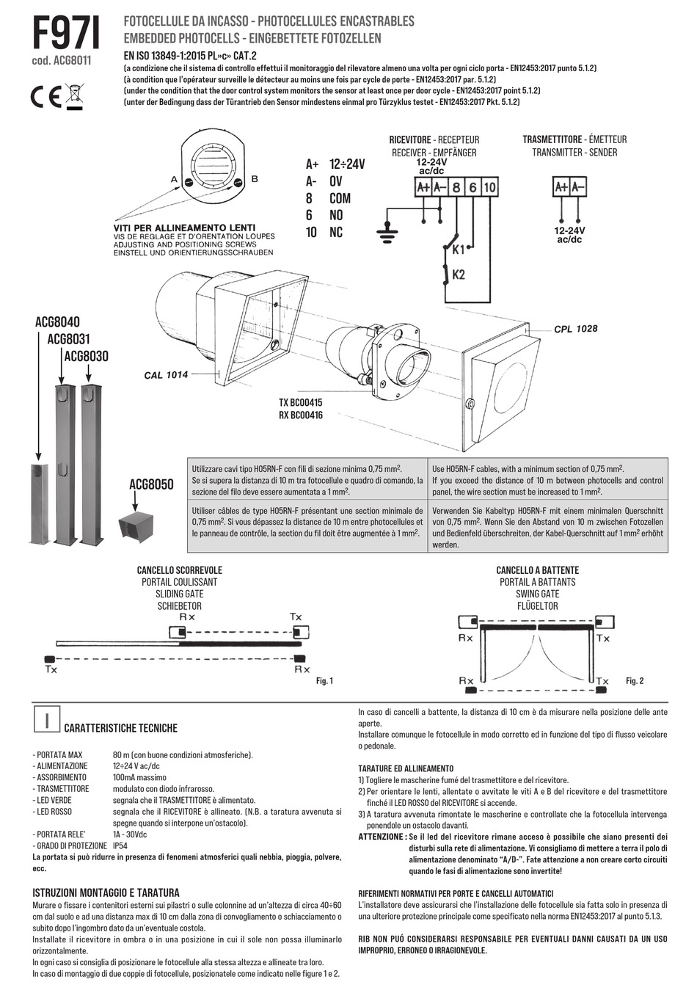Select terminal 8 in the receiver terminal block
point(456,188)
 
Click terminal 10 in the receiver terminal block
point(489,188)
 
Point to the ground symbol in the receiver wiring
point(386,233)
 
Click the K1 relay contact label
point(459,250)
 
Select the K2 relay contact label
point(459,274)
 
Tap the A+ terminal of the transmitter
point(561,187)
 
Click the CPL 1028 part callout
point(575,329)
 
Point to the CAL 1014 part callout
point(166,375)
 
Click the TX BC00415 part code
point(300,403)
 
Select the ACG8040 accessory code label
point(57,322)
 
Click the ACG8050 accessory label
point(151,484)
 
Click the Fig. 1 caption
point(324,681)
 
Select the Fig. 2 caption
point(635,681)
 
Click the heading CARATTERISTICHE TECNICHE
point(121,728)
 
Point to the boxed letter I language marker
point(47,720)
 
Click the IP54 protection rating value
point(120,845)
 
